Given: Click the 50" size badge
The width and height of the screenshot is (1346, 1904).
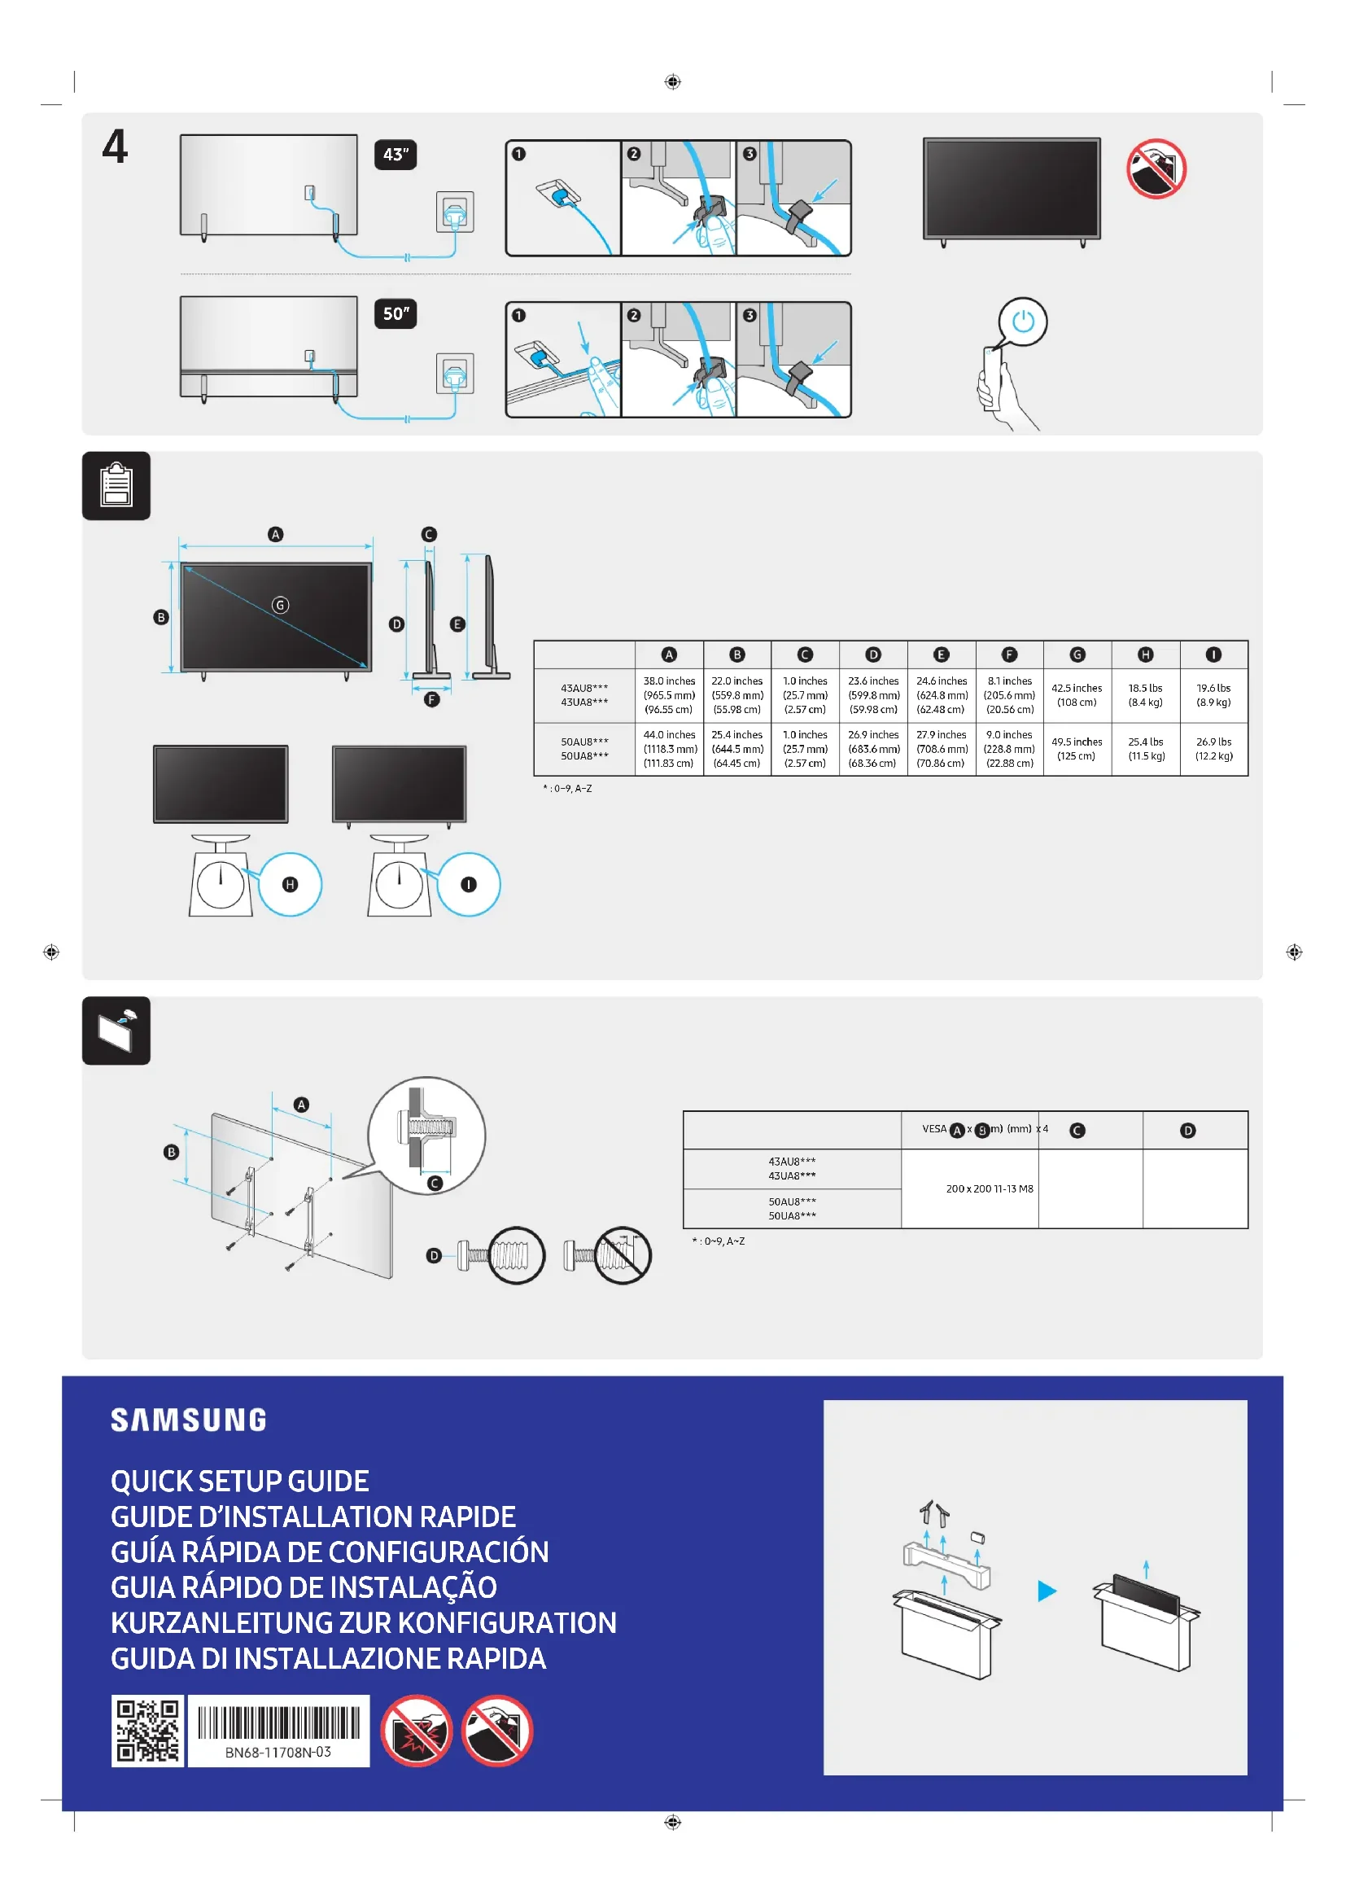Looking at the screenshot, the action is click(395, 314).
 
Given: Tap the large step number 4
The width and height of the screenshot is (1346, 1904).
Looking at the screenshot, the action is click(116, 147).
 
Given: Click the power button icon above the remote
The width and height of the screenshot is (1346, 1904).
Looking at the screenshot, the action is click(1023, 321).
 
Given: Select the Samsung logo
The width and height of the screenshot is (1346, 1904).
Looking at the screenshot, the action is click(189, 1420).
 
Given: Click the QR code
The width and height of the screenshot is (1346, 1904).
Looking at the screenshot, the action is click(147, 1731).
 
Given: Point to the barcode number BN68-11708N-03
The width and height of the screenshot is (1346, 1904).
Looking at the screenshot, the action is click(278, 1752).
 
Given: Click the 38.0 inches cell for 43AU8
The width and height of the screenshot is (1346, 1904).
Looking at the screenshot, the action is click(669, 695).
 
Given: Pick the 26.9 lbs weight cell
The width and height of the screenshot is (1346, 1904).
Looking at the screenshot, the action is click(1213, 749).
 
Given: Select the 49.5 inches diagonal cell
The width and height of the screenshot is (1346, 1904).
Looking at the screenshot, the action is click(1077, 749).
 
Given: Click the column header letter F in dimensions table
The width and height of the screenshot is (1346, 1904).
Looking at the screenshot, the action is click(1008, 655).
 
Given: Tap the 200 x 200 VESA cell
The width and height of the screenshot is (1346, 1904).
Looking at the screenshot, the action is click(989, 1188).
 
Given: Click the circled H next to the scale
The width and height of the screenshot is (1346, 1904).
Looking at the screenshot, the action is click(290, 885).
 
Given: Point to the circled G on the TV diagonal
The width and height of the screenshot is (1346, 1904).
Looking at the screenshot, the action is click(280, 606).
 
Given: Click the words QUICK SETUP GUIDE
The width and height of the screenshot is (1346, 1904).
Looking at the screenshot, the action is click(240, 1481).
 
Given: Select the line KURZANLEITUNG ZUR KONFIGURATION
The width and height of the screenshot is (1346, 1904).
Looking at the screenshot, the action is click(364, 1623).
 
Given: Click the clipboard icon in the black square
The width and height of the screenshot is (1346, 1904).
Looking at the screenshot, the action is click(116, 486).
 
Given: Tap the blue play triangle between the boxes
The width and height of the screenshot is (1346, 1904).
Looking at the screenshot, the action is click(1047, 1591).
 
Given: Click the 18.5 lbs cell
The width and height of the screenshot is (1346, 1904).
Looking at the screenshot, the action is click(1146, 695).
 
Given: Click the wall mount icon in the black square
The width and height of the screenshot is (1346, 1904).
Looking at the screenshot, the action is click(116, 1031).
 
